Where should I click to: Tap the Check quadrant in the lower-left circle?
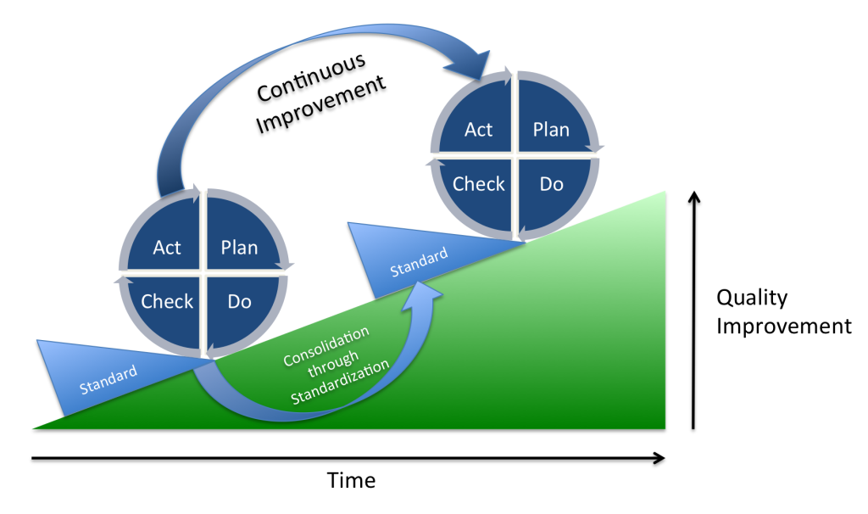pos(167,302)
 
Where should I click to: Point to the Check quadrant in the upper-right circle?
pos(479,184)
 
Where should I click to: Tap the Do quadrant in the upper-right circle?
pos(550,184)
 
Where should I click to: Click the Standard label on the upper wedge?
pos(419,262)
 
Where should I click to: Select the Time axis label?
pos(351,481)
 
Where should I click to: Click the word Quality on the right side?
pos(752,298)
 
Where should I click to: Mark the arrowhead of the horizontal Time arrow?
pos(657,459)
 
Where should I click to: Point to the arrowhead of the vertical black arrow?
pos(694,198)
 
